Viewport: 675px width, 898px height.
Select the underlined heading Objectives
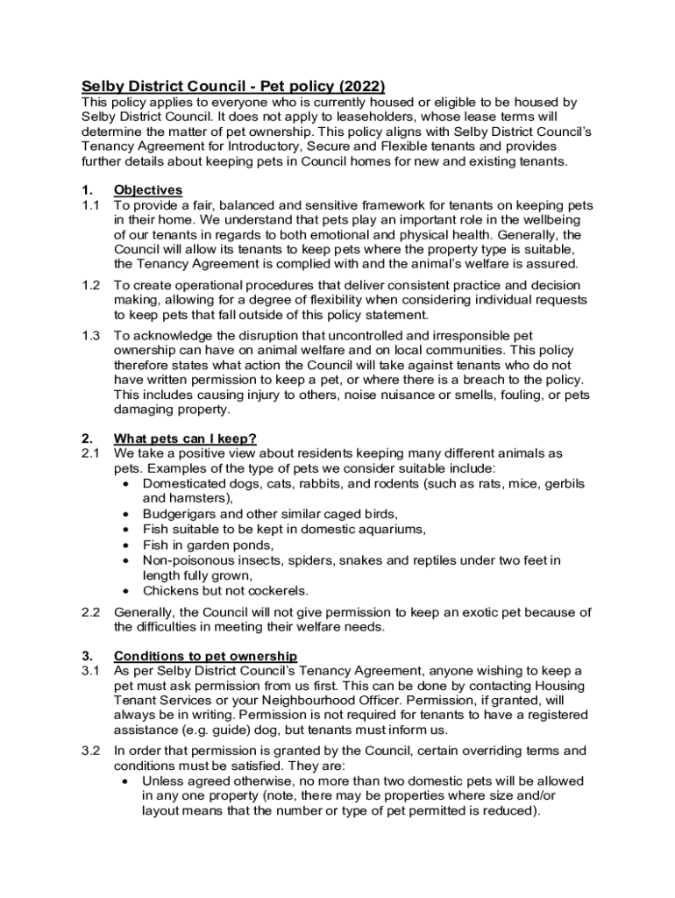point(148,189)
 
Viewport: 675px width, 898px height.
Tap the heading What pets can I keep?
point(185,438)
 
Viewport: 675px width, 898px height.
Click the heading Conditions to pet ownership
point(205,656)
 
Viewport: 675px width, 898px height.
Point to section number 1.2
point(91,285)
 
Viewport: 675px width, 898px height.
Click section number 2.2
point(91,612)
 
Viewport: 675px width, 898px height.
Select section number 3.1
point(91,671)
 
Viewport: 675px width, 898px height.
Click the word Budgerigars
point(181,514)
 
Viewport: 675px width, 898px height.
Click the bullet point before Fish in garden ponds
point(128,545)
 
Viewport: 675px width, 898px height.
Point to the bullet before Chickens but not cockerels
point(128,591)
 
